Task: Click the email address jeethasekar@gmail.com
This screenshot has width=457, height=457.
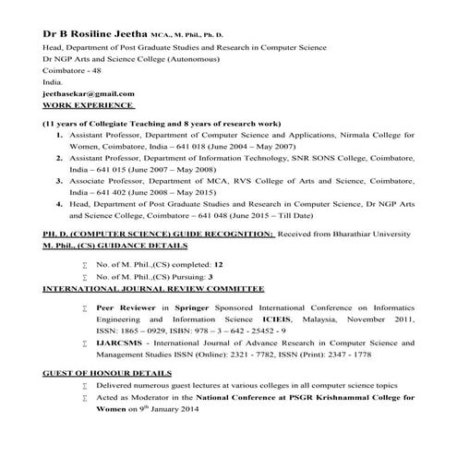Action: tap(82, 93)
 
